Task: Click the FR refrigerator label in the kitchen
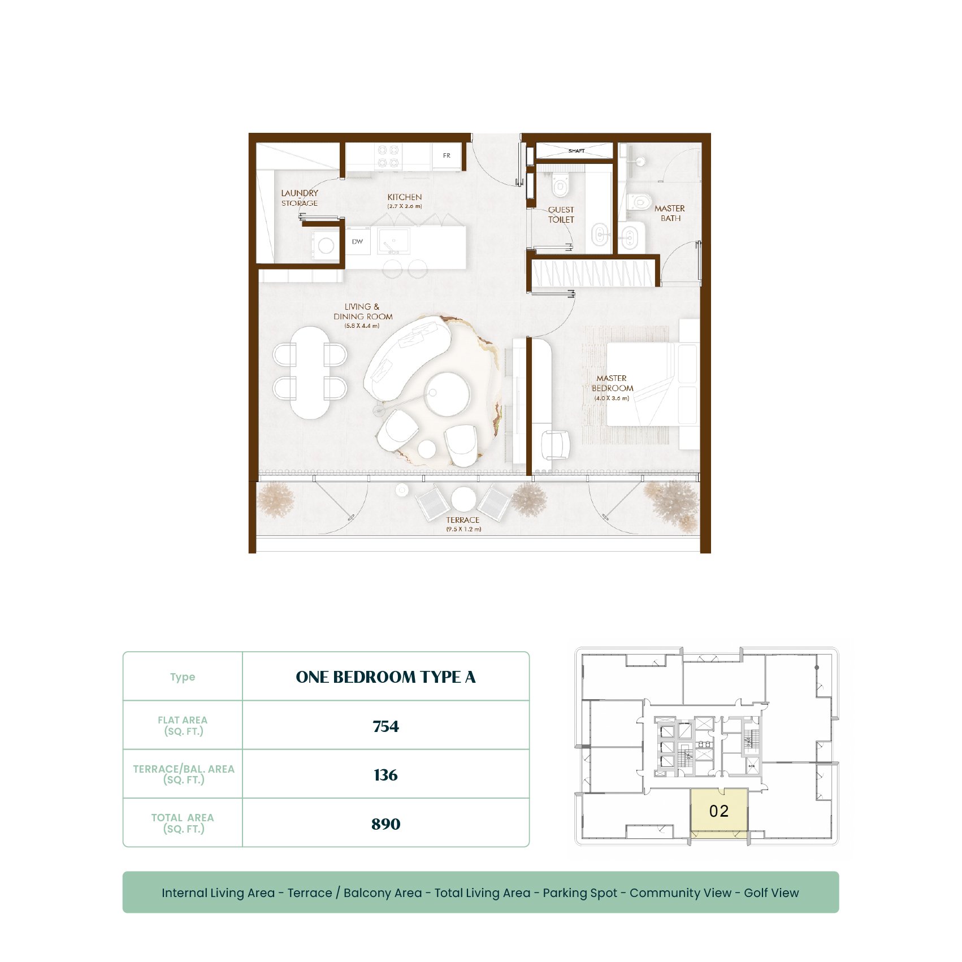coord(447,155)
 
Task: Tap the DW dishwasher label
coord(357,241)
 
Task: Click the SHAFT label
coord(577,151)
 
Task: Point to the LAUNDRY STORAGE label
coord(300,198)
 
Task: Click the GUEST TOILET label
coord(561,214)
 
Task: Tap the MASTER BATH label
coord(670,213)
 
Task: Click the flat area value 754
coord(385,726)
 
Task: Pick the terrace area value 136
coord(385,775)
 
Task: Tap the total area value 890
coord(385,824)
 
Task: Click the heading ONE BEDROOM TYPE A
coord(385,677)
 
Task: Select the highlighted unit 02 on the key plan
coord(719,811)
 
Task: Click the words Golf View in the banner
coord(771,893)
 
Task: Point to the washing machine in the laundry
coord(326,245)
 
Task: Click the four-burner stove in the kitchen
coord(388,156)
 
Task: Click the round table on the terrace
coord(463,499)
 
